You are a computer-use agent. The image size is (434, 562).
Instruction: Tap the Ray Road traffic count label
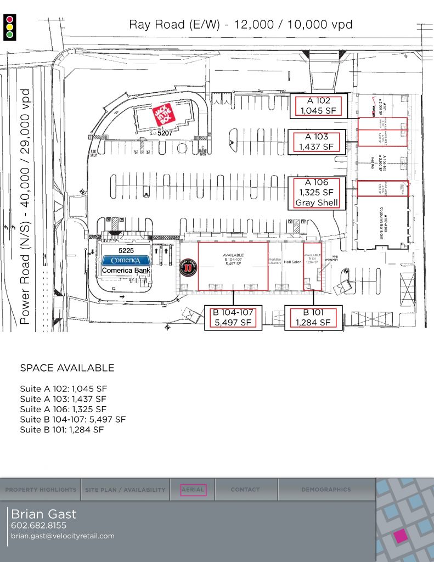pos(240,24)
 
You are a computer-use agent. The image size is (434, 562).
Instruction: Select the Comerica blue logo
pos(126,260)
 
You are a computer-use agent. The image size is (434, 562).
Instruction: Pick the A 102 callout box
pos(318,105)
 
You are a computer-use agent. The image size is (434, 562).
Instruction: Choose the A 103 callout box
pos(318,142)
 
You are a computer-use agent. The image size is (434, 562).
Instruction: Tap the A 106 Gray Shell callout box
pos(318,193)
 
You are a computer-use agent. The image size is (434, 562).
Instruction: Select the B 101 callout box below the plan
pos(314,318)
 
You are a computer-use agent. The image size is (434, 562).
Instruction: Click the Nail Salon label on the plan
pos(292,262)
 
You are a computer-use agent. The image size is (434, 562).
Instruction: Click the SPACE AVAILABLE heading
pos(67,368)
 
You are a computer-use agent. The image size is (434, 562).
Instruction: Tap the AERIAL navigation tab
pos(193,490)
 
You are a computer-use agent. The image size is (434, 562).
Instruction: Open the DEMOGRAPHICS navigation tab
pos(326,490)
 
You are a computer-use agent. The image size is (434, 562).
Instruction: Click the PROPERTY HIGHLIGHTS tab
pos(41,490)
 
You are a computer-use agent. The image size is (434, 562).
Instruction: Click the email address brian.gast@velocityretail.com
pos(63,536)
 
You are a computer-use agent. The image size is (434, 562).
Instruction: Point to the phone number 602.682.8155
pos(38,526)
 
